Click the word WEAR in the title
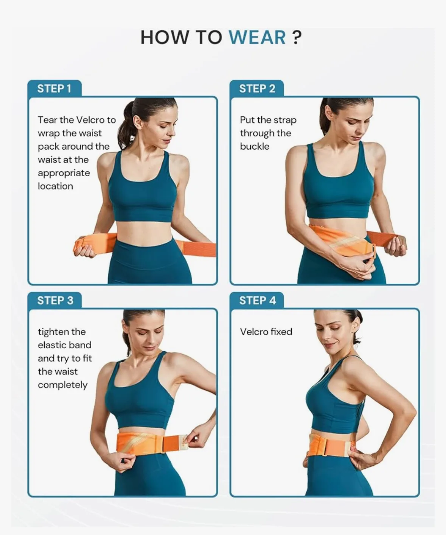click(257, 38)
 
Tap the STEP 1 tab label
click(54, 89)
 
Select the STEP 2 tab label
click(257, 89)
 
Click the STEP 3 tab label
click(55, 300)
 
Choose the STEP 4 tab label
click(258, 300)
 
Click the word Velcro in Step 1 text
click(90, 120)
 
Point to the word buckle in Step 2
click(255, 147)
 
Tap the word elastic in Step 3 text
click(64, 345)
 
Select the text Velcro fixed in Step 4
click(266, 332)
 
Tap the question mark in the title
click(297, 38)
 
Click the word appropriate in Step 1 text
click(64, 173)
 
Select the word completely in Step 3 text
click(62, 385)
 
